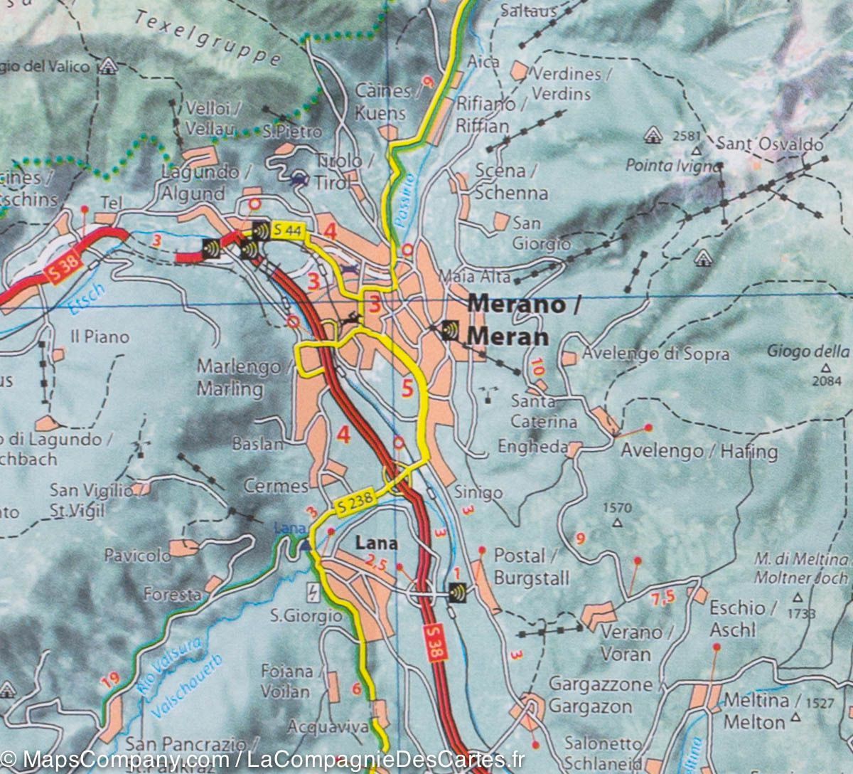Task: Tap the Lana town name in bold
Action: (376, 544)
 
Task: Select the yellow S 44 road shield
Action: (284, 230)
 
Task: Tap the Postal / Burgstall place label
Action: (531, 566)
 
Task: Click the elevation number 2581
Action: (690, 136)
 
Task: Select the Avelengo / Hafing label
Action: (699, 451)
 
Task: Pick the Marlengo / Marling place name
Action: (238, 378)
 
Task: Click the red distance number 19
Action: (109, 684)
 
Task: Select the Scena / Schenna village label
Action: (510, 182)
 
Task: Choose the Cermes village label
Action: (276, 487)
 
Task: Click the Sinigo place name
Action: (478, 492)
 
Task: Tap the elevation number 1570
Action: (616, 508)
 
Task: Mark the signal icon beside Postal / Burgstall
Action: (457, 591)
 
